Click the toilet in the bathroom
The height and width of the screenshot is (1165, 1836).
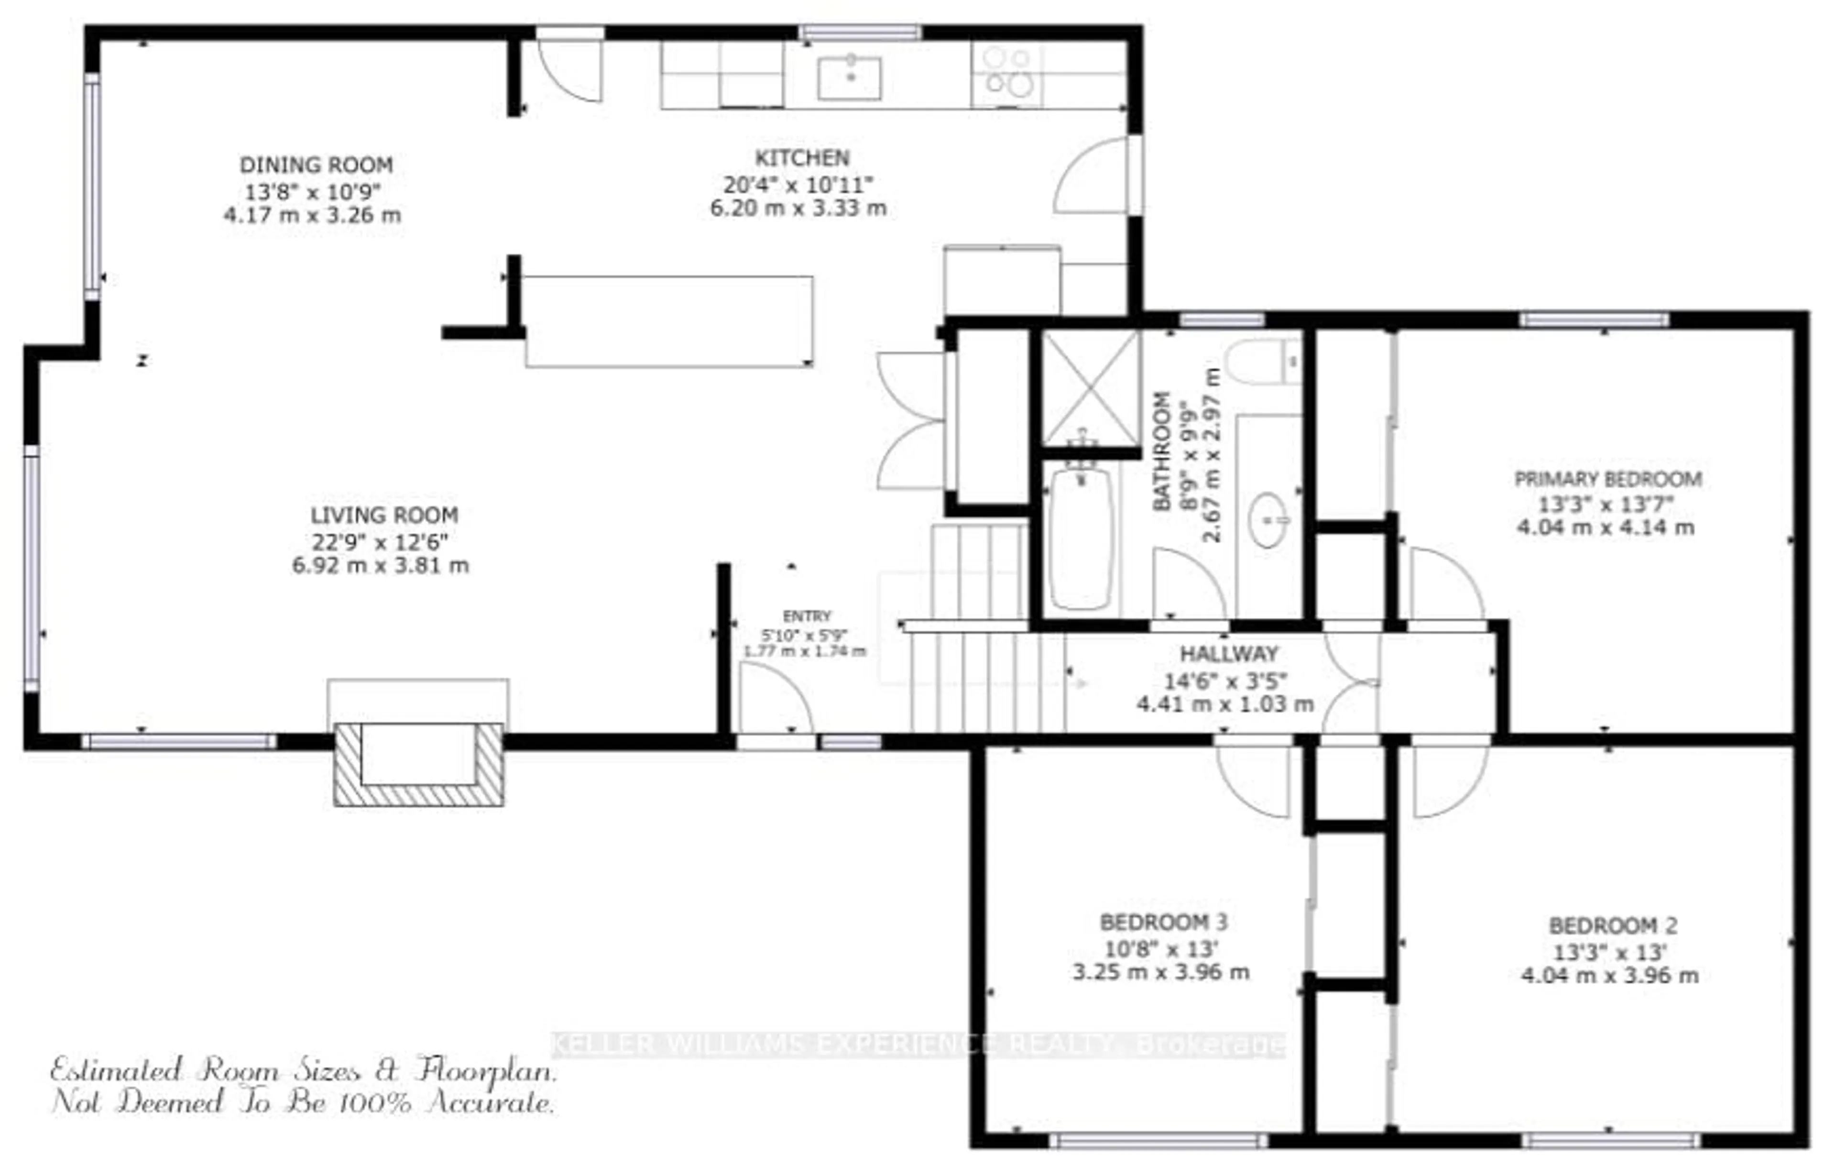point(1262,361)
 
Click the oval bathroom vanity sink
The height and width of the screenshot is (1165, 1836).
point(1269,520)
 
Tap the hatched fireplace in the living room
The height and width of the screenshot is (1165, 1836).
point(418,763)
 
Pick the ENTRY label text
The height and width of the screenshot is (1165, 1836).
point(807,616)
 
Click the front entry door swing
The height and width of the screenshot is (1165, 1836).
point(772,698)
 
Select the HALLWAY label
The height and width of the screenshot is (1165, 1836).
point(1228,653)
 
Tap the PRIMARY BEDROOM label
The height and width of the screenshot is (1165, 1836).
point(1607,479)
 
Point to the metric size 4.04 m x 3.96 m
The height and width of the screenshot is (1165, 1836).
point(1609,976)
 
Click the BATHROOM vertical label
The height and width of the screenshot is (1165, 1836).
point(1161,451)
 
